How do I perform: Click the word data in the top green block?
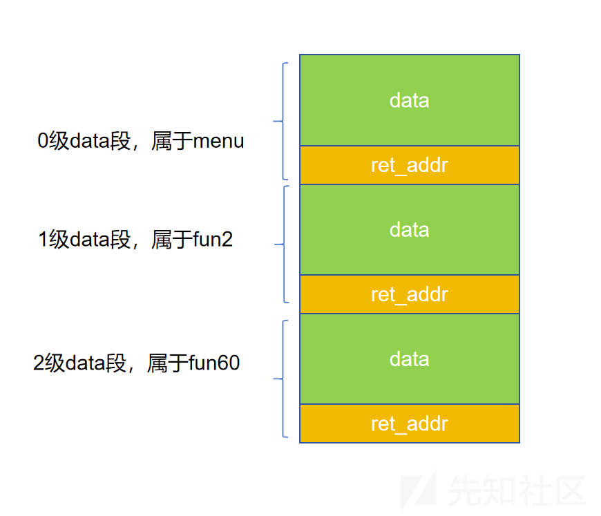point(410,100)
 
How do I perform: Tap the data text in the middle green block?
point(410,230)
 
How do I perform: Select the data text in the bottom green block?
point(410,359)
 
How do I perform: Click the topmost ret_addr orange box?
point(410,165)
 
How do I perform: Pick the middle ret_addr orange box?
point(410,294)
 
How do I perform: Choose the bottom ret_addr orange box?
point(410,423)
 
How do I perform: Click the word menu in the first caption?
point(218,141)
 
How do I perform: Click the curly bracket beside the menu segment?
point(283,121)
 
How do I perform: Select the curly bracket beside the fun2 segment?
point(284,244)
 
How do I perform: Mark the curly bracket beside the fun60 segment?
point(283,379)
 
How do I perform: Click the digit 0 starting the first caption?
point(43,141)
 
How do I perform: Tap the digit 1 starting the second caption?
point(44,239)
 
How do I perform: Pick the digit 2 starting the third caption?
point(39,363)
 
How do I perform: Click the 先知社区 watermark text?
point(517,490)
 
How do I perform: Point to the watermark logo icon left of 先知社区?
point(419,490)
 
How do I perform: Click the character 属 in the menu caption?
point(162,141)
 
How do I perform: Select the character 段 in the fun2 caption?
point(120,239)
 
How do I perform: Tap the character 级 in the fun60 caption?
point(55,363)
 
